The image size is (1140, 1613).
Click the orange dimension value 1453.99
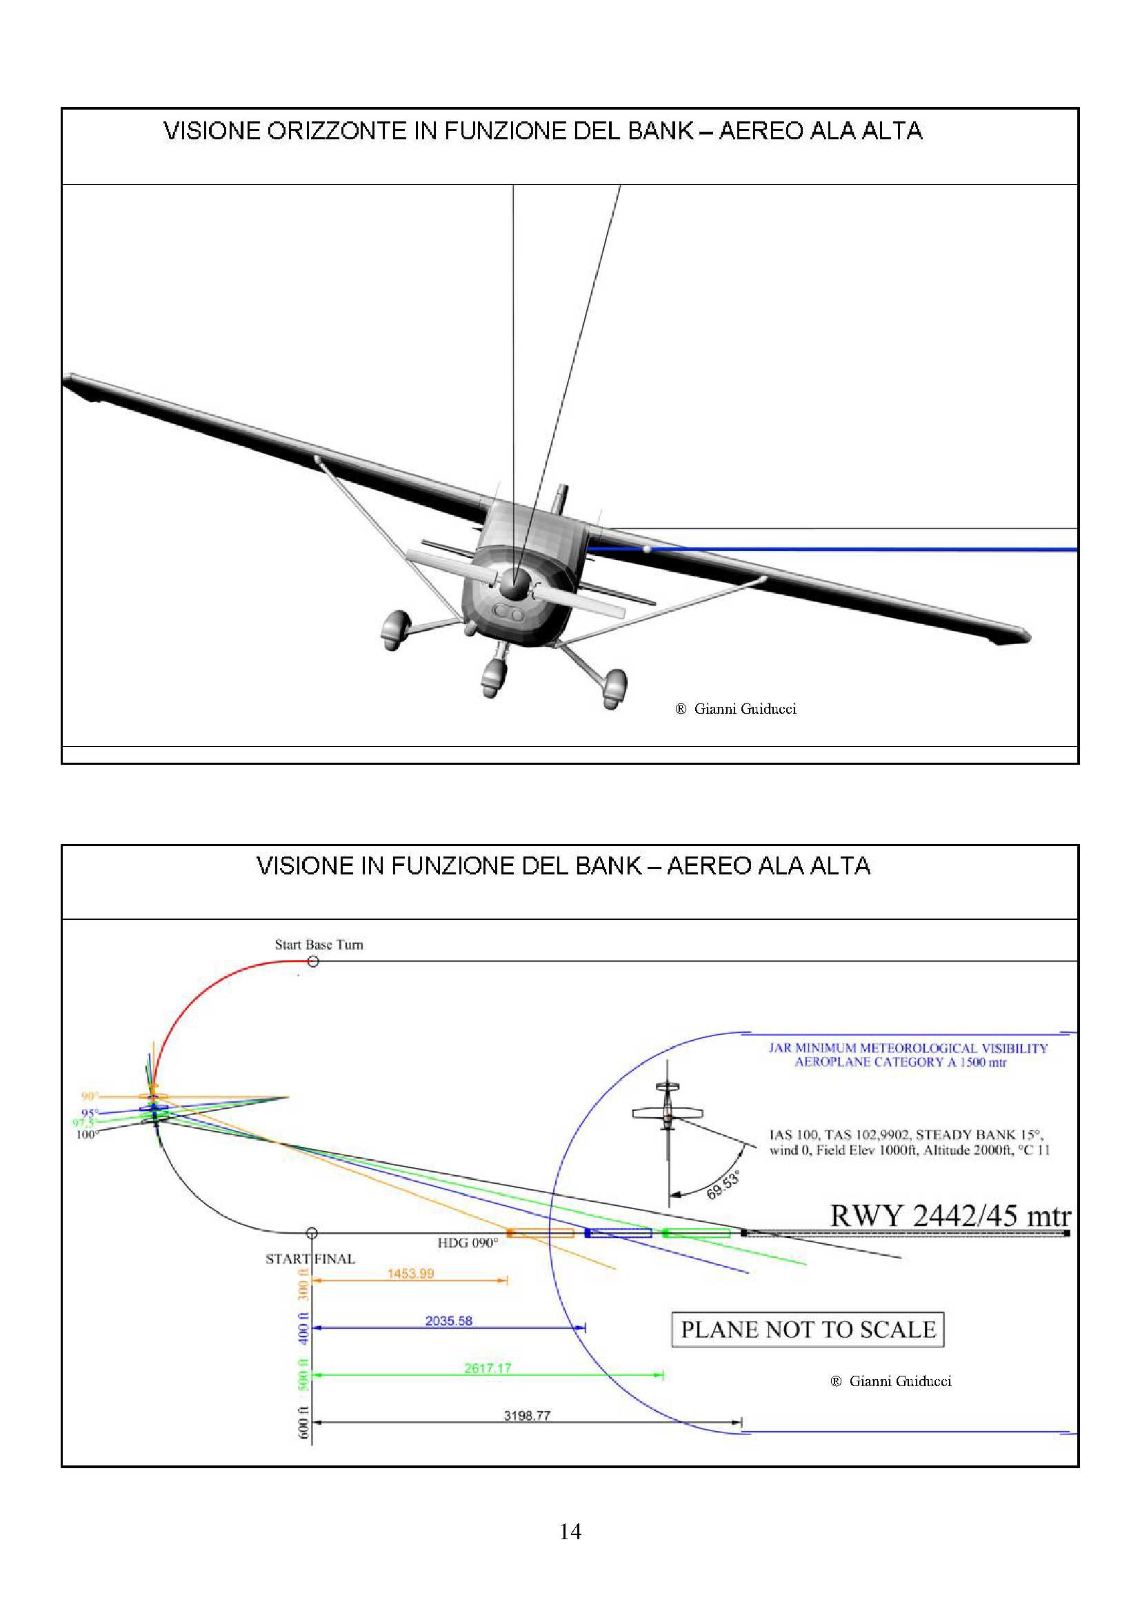pos(411,1274)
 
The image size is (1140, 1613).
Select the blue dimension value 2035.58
pos(449,1321)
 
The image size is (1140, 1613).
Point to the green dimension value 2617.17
pos(488,1367)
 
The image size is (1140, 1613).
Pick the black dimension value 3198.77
pos(527,1416)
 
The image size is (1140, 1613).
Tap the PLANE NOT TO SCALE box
pos(808,1329)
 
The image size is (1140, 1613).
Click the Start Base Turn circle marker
pos(313,961)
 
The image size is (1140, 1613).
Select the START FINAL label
pos(310,1259)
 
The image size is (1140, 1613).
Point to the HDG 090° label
pos(468,1243)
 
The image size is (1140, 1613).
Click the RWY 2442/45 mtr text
pos(951,1215)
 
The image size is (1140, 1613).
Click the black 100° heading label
pos(86,1134)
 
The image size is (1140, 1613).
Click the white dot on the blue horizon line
pos(647,549)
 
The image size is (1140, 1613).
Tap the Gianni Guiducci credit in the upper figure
pos(736,709)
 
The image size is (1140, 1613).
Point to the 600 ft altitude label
pos(303,1422)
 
